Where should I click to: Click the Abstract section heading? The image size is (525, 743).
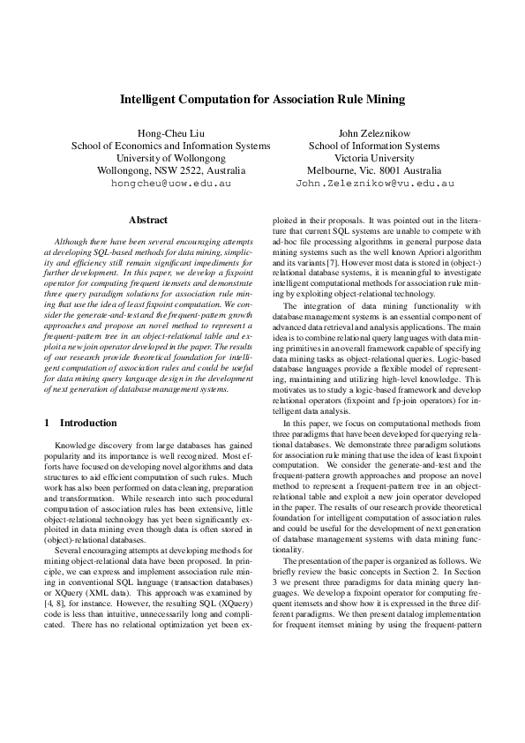pos(148,218)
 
